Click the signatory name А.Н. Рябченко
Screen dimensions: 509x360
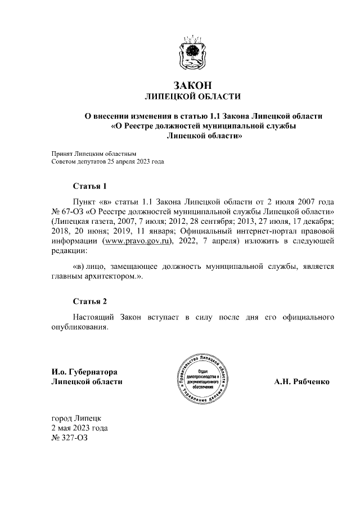(x=301, y=381)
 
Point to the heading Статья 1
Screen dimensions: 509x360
(x=89, y=186)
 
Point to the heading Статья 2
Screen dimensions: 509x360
(x=89, y=301)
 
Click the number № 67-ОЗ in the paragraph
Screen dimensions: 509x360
(x=66, y=211)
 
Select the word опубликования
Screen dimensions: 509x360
(x=78, y=327)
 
